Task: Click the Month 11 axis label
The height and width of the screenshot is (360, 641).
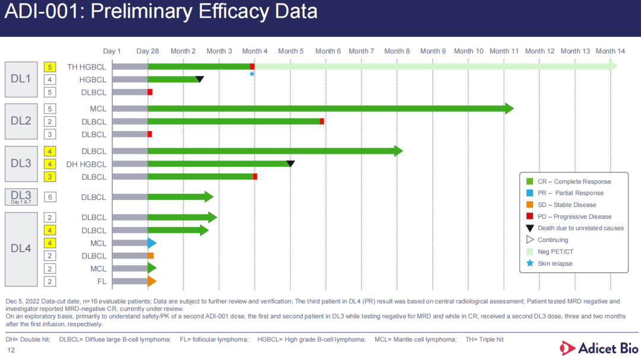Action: tap(504, 51)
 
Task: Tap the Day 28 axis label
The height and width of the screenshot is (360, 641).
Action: tap(147, 51)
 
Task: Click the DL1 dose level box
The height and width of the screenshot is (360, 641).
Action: tap(21, 79)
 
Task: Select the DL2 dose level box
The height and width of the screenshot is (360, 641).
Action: tap(21, 121)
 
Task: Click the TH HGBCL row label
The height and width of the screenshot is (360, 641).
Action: tap(87, 67)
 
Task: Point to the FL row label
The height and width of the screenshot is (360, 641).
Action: tap(101, 281)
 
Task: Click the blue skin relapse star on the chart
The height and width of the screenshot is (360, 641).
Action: tap(252, 74)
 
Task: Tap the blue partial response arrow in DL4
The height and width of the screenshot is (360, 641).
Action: tap(152, 243)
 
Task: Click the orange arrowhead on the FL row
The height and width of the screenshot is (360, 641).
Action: tap(152, 281)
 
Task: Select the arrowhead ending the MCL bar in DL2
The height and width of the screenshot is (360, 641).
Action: tap(509, 109)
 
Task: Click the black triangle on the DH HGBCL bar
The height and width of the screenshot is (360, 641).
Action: tap(290, 164)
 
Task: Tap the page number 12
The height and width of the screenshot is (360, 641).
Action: tap(11, 351)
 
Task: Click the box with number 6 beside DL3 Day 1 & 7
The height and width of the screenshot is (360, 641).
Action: tap(50, 197)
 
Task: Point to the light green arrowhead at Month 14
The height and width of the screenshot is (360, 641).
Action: tap(614, 66)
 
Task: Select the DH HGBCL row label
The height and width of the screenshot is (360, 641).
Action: tap(87, 164)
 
